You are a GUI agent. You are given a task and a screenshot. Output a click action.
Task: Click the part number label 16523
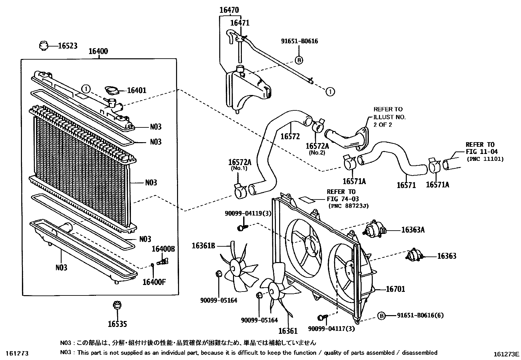[67, 46]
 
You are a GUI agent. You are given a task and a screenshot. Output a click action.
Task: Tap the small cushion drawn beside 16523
[44, 46]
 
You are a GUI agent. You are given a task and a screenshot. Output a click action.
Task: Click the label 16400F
[154, 281]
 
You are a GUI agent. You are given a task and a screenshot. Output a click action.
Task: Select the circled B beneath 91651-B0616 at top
[299, 60]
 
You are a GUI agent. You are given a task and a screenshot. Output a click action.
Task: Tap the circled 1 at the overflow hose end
[330, 91]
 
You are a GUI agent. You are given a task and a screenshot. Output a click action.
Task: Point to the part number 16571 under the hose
[406, 185]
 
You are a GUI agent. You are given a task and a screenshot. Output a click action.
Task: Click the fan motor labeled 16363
[414, 255]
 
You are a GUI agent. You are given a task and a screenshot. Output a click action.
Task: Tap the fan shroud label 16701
[395, 289]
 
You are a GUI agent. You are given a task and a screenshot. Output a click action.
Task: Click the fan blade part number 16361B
[203, 245]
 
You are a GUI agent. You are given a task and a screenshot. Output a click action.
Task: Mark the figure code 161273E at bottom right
[507, 354]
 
